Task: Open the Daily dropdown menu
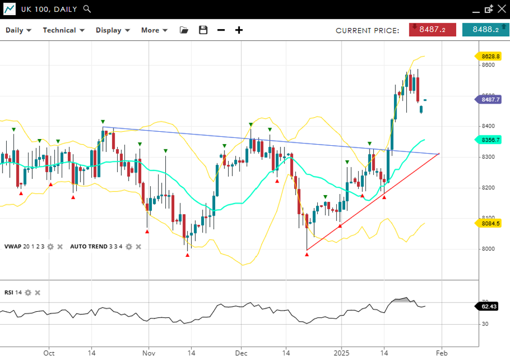pos(18,30)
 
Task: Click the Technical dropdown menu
pos(63,30)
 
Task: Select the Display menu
pos(112,30)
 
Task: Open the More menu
pos(154,30)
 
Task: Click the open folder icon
pos(184,30)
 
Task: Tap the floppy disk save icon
pos(203,30)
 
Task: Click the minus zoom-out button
pos(221,30)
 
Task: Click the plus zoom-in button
pos(239,30)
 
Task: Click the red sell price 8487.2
pos(432,30)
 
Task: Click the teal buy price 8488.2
pos(485,30)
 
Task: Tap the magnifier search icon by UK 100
pos(87,9)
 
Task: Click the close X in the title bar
pos(501,9)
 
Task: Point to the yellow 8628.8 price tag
pos(490,56)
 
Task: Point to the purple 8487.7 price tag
pos(490,100)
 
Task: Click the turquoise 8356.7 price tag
pos(490,140)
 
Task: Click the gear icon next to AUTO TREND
pos(129,246)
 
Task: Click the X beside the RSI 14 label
pos(37,293)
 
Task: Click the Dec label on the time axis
pos(241,353)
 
